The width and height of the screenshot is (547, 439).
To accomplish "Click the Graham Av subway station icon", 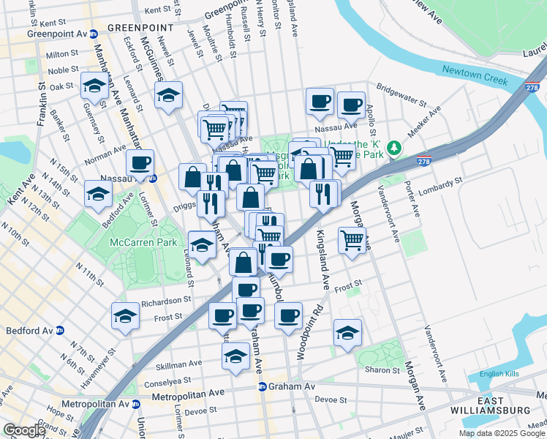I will [x=261, y=386].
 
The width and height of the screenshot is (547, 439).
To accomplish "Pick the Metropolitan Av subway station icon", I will [x=135, y=404].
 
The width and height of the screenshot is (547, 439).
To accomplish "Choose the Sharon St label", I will [x=383, y=370].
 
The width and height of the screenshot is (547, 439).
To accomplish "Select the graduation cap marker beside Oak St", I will [x=94, y=86].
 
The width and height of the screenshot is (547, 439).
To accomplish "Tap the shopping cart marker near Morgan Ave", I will [x=352, y=239].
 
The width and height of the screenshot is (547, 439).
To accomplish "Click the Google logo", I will [x=24, y=430].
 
